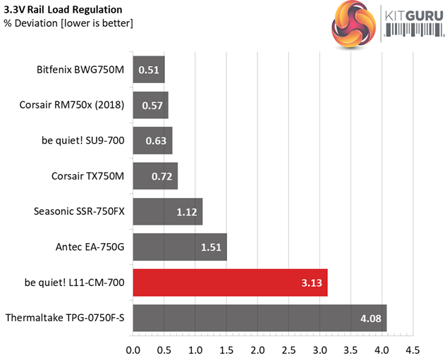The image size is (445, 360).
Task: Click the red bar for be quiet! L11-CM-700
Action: tap(230, 283)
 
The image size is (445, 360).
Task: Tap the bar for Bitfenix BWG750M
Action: tap(148, 70)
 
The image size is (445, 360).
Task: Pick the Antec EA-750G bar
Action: tap(179, 247)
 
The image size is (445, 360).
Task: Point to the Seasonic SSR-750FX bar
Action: tap(167, 211)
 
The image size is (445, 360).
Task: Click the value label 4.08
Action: tap(370, 318)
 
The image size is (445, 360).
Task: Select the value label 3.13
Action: tap(311, 283)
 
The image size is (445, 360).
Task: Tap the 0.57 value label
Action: tap(152, 105)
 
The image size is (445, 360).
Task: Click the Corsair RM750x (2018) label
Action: tap(72, 105)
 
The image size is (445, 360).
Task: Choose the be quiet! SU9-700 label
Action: tap(83, 140)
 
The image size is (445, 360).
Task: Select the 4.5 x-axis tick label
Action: tap(413, 349)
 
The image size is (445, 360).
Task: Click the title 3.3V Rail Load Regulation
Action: tap(63, 10)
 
